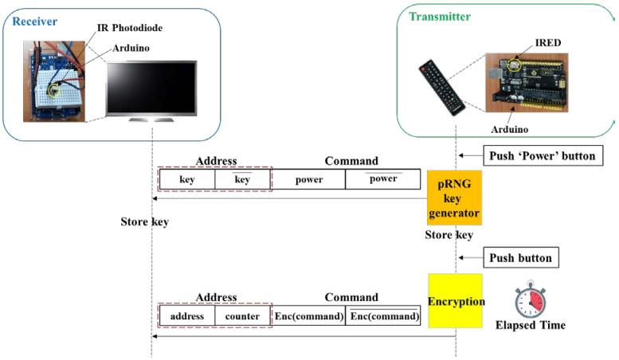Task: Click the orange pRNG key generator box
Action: tap(456, 198)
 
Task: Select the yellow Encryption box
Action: tap(455, 301)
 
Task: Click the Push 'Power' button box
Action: tap(539, 155)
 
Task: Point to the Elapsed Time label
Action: tap(530, 325)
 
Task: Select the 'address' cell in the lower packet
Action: tap(187, 316)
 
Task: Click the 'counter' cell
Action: tap(242, 316)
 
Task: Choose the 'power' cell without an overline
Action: tap(308, 179)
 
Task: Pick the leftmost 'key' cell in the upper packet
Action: tap(187, 179)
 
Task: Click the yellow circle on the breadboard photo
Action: tap(55, 89)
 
